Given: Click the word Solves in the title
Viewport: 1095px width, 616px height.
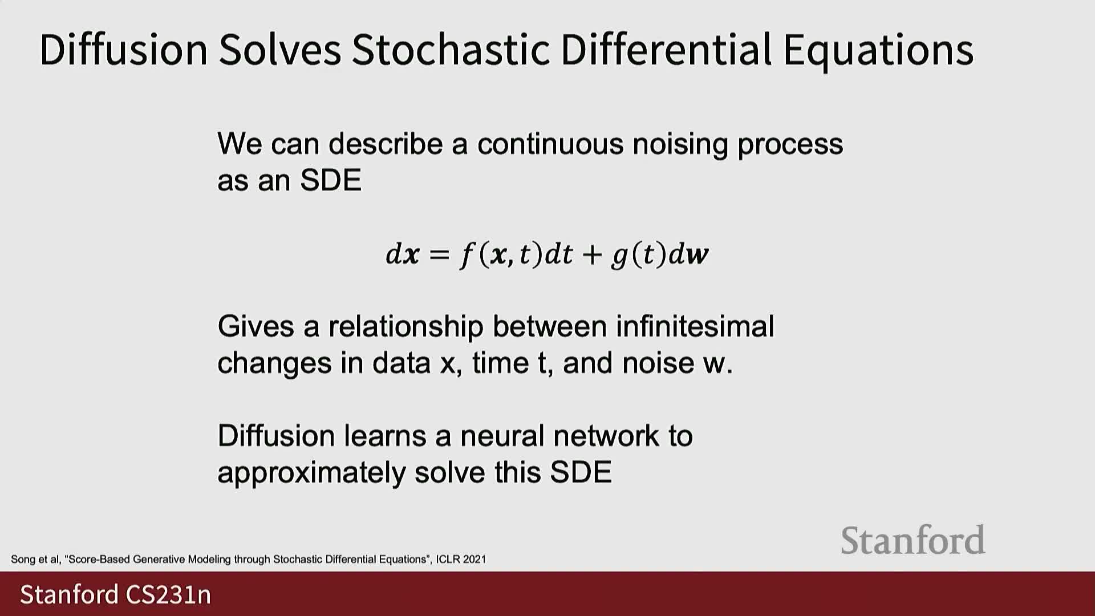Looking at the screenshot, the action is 280,49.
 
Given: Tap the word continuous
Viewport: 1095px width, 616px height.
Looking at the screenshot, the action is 550,144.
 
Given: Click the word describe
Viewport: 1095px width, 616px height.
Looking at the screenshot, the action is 386,144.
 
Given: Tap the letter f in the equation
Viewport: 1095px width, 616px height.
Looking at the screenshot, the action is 468,254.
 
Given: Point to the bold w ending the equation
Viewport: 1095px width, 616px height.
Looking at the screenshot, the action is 698,255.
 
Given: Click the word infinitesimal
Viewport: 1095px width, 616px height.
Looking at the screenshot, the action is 695,326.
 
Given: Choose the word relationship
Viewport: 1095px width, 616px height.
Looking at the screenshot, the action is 405,327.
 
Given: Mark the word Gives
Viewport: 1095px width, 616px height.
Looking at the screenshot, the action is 255,326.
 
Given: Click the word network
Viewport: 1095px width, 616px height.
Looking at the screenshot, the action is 606,436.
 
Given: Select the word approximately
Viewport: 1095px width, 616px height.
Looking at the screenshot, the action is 311,473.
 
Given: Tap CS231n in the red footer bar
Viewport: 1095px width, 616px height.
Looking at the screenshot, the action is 168,594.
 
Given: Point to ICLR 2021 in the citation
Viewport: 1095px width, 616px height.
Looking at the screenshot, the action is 461,560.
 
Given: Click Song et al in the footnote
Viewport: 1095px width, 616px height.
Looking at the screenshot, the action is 35,560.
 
